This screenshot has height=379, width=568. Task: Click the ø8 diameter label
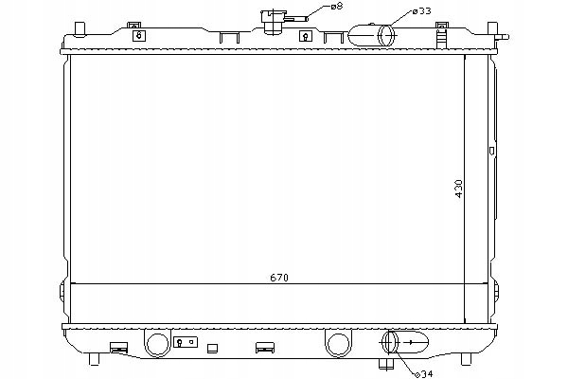click(x=336, y=7)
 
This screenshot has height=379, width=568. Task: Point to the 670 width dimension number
click(x=277, y=278)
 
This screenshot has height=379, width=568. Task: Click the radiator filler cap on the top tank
click(x=275, y=21)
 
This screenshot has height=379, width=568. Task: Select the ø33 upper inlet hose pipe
click(x=373, y=35)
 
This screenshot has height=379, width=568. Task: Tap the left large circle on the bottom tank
click(x=158, y=342)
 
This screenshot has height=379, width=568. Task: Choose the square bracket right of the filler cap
click(x=305, y=36)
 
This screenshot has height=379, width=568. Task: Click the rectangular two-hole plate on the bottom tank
click(x=186, y=342)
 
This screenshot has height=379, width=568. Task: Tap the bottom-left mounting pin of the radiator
click(x=98, y=361)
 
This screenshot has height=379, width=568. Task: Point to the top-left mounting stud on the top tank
click(x=127, y=20)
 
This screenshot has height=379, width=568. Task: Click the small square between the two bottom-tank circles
click(x=213, y=346)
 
